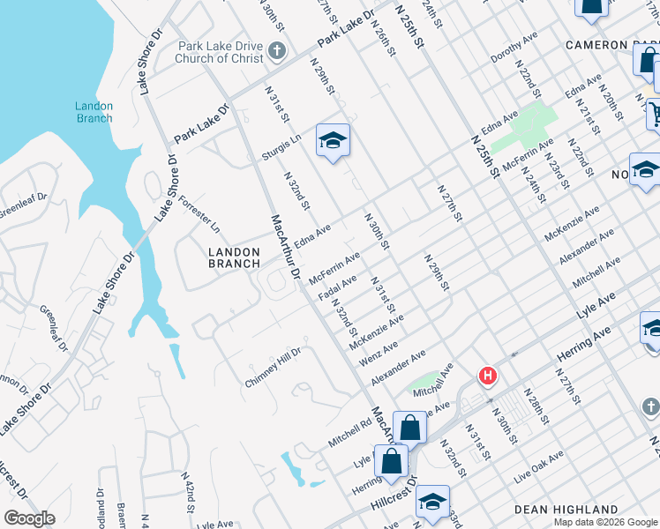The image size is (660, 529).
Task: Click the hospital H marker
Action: (x=486, y=376)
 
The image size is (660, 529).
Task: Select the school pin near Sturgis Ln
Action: (x=333, y=141)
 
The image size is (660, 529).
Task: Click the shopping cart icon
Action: (x=655, y=113)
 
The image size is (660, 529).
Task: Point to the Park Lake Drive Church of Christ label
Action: (x=221, y=52)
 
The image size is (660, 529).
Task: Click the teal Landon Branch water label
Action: (x=94, y=112)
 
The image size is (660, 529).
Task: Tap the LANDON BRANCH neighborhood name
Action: (x=234, y=257)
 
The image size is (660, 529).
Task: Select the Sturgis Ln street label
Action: (x=281, y=147)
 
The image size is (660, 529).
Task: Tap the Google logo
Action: (x=30, y=518)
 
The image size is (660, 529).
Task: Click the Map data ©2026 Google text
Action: (x=605, y=522)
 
